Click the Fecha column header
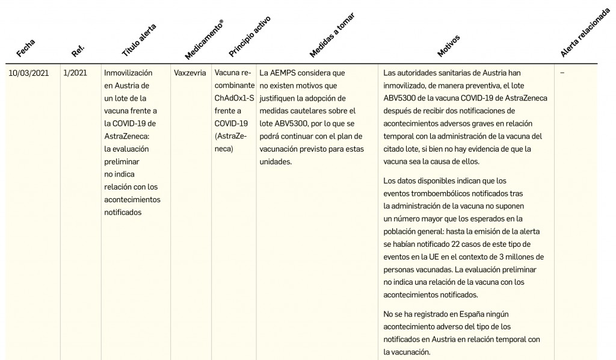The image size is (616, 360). point(26,48)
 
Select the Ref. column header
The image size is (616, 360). point(78,49)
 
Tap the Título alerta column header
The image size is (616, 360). point(139,40)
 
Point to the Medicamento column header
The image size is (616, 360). point(205,39)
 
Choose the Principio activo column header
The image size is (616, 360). point(250,36)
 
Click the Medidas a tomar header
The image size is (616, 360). point(331,35)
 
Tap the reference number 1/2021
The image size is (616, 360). point(75,73)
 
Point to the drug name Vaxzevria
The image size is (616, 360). point(189,73)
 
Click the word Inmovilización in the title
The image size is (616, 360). point(125,73)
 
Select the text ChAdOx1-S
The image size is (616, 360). point(234,98)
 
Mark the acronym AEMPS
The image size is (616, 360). point(286,73)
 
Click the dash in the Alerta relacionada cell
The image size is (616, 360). point(562,73)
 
